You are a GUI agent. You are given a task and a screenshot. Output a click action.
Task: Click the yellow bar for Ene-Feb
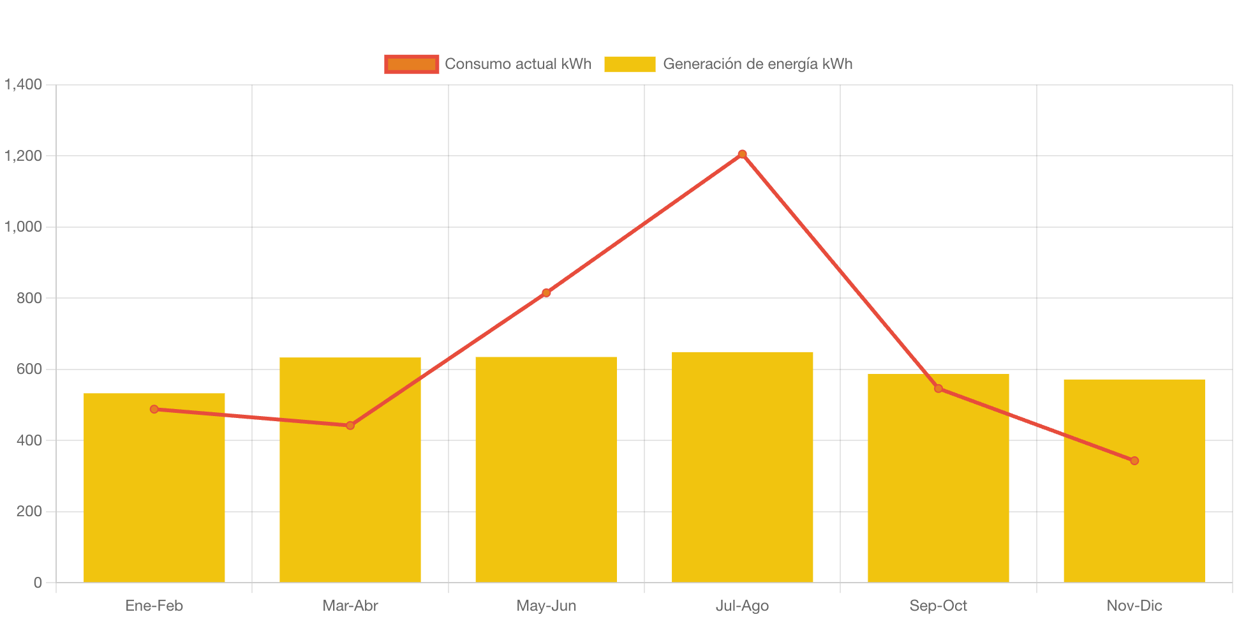coord(154,498)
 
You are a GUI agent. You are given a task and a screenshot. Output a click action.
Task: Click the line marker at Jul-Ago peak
coord(742,154)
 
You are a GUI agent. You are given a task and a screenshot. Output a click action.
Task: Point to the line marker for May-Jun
coord(546,293)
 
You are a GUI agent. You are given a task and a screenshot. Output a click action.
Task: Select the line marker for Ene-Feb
coord(154,409)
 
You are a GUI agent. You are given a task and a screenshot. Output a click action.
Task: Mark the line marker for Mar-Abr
coord(350,426)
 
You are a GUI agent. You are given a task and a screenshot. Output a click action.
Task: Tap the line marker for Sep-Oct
coord(938,389)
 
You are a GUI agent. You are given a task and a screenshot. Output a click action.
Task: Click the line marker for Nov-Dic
coord(1134,461)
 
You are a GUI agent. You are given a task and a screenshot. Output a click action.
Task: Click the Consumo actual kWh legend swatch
coord(412,64)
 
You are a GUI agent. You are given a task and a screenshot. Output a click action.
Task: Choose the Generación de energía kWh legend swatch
coord(630,64)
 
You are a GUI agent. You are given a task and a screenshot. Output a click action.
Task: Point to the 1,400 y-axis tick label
coord(24,84)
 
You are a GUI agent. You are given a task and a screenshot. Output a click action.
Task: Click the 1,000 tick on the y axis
coord(24,227)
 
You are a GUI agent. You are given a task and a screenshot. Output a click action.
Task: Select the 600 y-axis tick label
coord(29,369)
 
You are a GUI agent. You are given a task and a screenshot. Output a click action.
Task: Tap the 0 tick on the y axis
coord(38,582)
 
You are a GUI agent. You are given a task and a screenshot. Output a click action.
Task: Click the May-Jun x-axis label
coord(546,606)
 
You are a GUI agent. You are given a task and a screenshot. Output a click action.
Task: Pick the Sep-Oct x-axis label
coord(938,606)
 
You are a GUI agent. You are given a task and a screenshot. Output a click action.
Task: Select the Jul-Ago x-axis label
coord(742,606)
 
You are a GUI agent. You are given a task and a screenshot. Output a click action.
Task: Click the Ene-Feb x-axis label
coord(154,606)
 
